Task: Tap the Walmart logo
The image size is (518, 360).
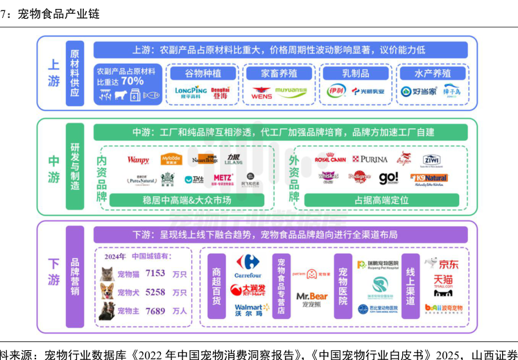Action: [x=248, y=309]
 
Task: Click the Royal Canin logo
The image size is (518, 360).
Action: [x=330, y=159]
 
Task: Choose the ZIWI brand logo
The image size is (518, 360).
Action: [x=431, y=160]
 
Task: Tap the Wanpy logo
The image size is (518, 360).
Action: [x=138, y=160]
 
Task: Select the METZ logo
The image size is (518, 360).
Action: [x=223, y=178]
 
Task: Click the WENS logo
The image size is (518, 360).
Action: [x=261, y=92]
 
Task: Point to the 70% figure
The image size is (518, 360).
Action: [x=133, y=81]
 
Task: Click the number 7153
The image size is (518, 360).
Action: [x=155, y=274]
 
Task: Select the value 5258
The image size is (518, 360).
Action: [x=155, y=293]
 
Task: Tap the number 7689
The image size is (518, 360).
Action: [x=155, y=311]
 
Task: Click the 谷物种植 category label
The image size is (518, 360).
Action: [x=200, y=73]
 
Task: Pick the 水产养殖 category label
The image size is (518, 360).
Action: [x=431, y=73]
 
